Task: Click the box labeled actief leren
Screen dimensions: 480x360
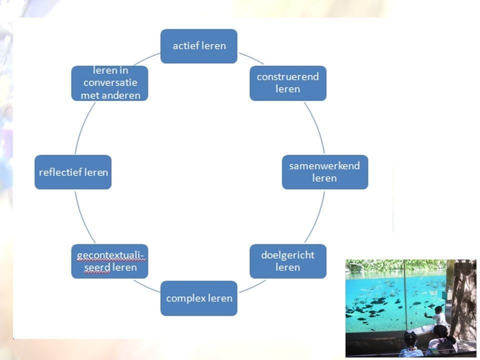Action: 198,46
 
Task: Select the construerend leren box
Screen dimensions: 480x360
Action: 288,83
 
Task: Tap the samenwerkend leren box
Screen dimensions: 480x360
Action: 325,171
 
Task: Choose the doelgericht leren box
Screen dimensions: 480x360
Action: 288,261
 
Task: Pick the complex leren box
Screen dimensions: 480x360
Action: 198,298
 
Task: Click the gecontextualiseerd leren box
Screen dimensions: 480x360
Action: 110,261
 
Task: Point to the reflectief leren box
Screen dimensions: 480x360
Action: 73,172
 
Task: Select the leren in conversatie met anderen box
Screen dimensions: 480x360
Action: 110,83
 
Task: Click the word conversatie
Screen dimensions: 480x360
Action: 110,83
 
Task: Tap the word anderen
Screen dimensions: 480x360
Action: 120,94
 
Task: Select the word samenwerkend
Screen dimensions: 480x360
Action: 324,166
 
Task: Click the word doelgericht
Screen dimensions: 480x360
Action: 288,255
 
